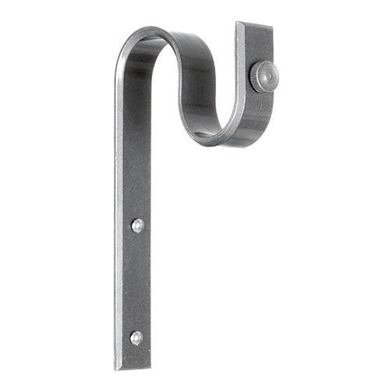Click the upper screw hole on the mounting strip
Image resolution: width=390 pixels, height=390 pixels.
(137, 225)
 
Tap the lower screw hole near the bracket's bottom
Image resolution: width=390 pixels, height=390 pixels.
(136, 337)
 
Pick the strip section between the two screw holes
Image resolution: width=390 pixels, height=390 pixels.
(136, 281)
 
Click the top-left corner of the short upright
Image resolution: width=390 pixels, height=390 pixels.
(237, 23)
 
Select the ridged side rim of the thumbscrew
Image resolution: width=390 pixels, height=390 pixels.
(254, 76)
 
